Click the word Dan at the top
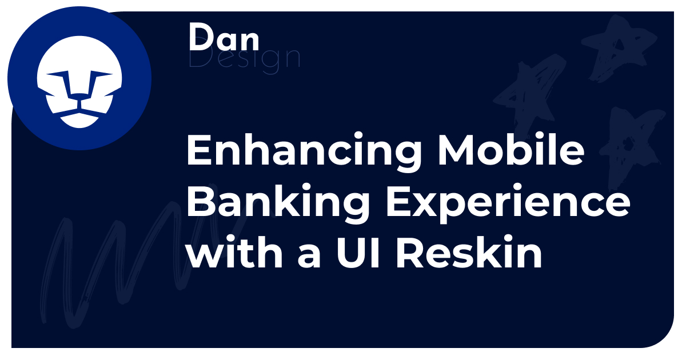tap(224, 39)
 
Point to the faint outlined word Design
tap(244, 59)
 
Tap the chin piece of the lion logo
tap(79, 119)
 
